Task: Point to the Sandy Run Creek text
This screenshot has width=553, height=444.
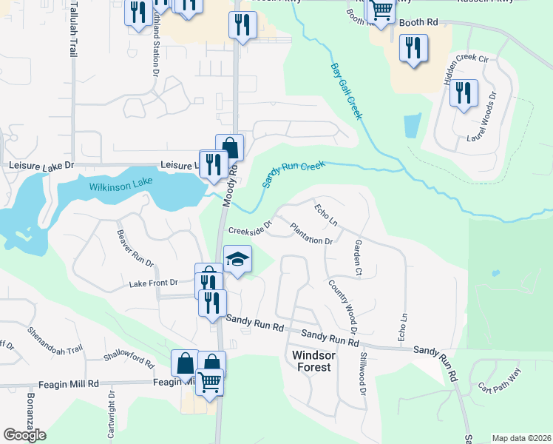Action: pyautogui.click(x=294, y=175)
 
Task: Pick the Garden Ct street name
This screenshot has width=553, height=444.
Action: pyautogui.click(x=358, y=258)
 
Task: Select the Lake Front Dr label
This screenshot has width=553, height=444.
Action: pyautogui.click(x=154, y=283)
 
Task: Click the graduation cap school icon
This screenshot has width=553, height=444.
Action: pyautogui.click(x=238, y=260)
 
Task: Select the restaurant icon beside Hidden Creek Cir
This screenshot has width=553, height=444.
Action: pyautogui.click(x=464, y=92)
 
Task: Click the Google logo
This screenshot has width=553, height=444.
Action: pyautogui.click(x=24, y=435)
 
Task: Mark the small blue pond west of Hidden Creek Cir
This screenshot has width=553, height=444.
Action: pyautogui.click(x=413, y=126)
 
